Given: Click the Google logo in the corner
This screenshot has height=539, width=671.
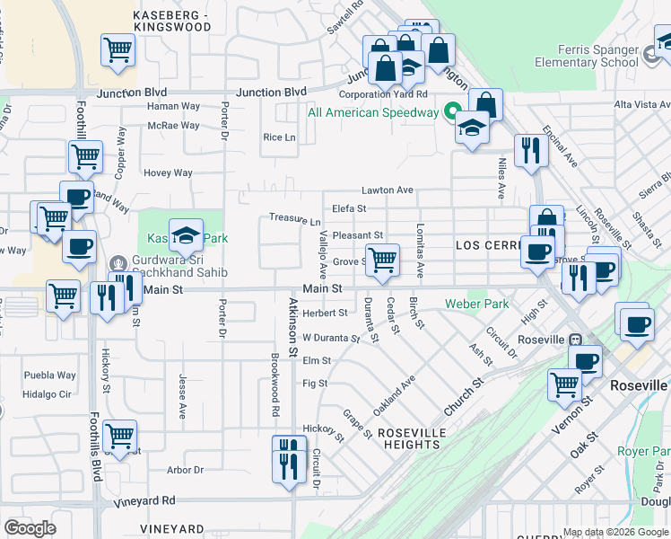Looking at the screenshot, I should [30, 528].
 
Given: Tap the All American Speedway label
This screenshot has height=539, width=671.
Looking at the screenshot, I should [372, 112].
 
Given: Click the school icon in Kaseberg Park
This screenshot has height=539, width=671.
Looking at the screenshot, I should [186, 237].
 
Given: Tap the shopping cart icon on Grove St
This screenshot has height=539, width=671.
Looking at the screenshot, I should [383, 261].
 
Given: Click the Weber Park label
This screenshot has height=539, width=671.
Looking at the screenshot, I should [476, 304].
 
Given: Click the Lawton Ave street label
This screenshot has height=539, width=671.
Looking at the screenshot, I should [387, 190].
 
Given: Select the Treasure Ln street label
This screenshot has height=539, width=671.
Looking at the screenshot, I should [295, 218].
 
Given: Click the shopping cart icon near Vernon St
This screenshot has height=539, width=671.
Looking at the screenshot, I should [565, 384].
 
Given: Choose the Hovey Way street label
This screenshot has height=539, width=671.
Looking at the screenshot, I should [169, 173].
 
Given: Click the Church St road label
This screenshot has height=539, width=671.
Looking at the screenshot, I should [463, 396].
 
